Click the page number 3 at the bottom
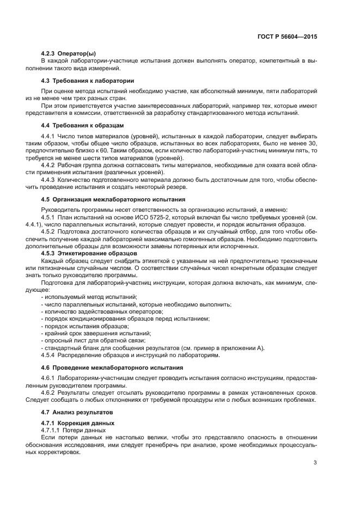[x=315, y=463]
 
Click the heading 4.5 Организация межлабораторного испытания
[x=113, y=200]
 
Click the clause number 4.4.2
[x=48, y=164]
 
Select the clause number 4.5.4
[x=48, y=355]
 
